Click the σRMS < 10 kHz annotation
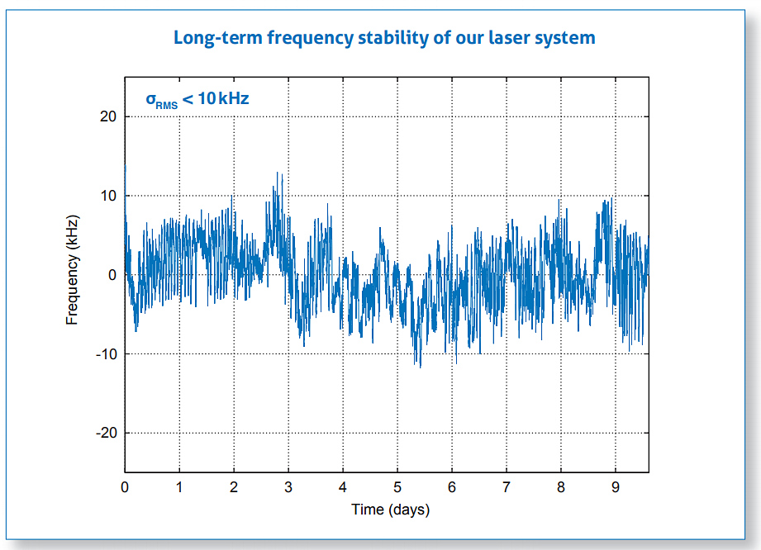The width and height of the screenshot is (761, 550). point(197,99)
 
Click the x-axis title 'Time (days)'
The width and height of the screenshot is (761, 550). point(390,510)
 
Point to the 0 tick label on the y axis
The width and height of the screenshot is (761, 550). point(114,275)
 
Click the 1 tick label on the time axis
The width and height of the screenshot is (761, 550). point(179,487)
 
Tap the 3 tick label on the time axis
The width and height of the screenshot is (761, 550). point(288,487)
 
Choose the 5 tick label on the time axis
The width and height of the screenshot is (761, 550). point(397,487)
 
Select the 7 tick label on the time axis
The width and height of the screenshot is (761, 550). point(507,487)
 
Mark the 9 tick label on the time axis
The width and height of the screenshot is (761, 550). point(616,487)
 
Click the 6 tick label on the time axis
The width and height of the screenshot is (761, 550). point(452,487)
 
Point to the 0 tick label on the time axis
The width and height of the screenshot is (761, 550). point(125,487)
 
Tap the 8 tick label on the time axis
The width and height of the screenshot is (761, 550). point(561,487)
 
